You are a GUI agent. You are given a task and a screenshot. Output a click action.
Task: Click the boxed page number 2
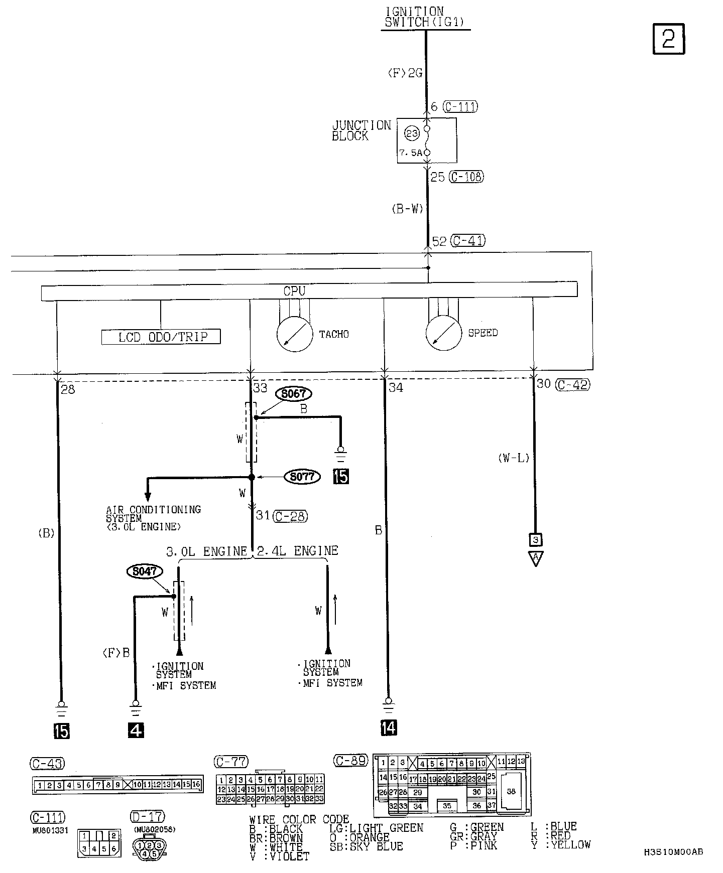coord(668,39)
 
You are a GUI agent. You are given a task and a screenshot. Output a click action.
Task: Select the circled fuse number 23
coord(412,134)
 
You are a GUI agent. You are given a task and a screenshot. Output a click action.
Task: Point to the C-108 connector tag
coord(467,177)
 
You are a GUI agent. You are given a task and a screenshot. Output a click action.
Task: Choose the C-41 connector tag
coord(468,241)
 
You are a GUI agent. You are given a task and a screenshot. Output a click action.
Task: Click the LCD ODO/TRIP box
coord(161,337)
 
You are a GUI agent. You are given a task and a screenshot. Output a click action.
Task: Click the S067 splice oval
coord(294,394)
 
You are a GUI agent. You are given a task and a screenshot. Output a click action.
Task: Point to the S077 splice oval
coord(302,476)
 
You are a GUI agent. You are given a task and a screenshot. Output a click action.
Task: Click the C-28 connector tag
coord(290,516)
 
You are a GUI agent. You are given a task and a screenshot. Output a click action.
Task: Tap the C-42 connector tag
coord(572,385)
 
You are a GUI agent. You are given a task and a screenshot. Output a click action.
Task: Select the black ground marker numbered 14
coord(389,727)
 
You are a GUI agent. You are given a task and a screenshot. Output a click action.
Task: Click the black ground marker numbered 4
coord(136,730)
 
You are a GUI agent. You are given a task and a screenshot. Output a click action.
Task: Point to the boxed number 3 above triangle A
coord(536,540)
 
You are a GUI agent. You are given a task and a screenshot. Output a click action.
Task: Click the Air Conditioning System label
coord(153,517)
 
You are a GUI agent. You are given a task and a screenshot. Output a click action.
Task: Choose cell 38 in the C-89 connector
coord(511,791)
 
